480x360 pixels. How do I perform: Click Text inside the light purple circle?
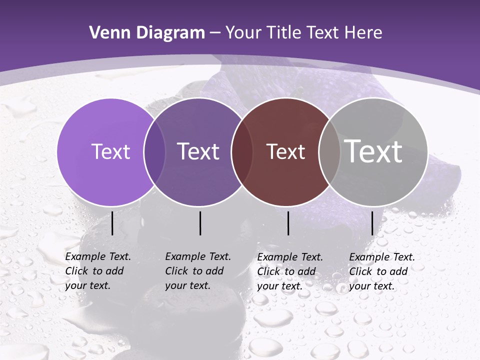(x=110, y=151)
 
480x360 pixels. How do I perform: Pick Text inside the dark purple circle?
(x=198, y=151)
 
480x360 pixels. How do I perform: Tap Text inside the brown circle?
(x=285, y=151)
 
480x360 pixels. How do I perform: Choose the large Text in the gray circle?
(x=373, y=151)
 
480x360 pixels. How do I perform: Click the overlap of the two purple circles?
(x=154, y=152)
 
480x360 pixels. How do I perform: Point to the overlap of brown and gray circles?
(x=329, y=152)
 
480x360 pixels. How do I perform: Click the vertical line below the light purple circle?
(x=112, y=223)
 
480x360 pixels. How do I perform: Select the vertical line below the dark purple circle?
(x=200, y=223)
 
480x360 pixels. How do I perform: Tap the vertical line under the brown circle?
(x=288, y=223)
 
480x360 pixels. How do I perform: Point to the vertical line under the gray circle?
(x=372, y=223)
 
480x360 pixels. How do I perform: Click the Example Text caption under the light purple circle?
(x=97, y=271)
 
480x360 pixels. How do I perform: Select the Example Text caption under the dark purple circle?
(x=197, y=271)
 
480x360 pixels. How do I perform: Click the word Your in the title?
(x=243, y=33)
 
